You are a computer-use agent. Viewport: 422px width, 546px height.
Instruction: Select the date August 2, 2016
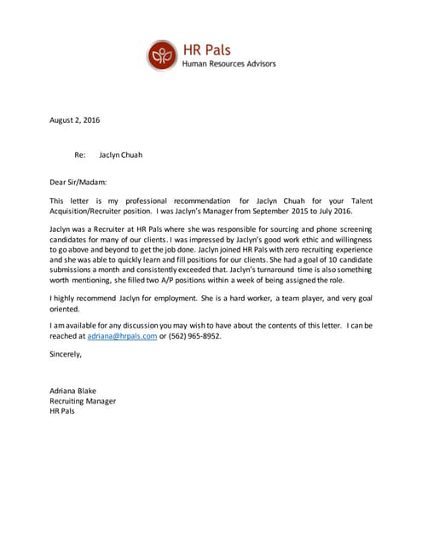(x=74, y=119)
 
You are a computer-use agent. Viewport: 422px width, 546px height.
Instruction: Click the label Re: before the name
(x=80, y=155)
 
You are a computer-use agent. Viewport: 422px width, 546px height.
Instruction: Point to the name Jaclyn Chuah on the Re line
(x=121, y=155)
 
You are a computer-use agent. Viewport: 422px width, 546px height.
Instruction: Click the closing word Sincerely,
(x=66, y=353)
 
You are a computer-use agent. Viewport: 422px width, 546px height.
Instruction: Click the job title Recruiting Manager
(x=83, y=400)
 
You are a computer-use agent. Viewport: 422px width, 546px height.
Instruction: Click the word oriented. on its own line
(x=65, y=309)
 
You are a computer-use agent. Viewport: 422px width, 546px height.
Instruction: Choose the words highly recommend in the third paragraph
(x=84, y=298)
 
